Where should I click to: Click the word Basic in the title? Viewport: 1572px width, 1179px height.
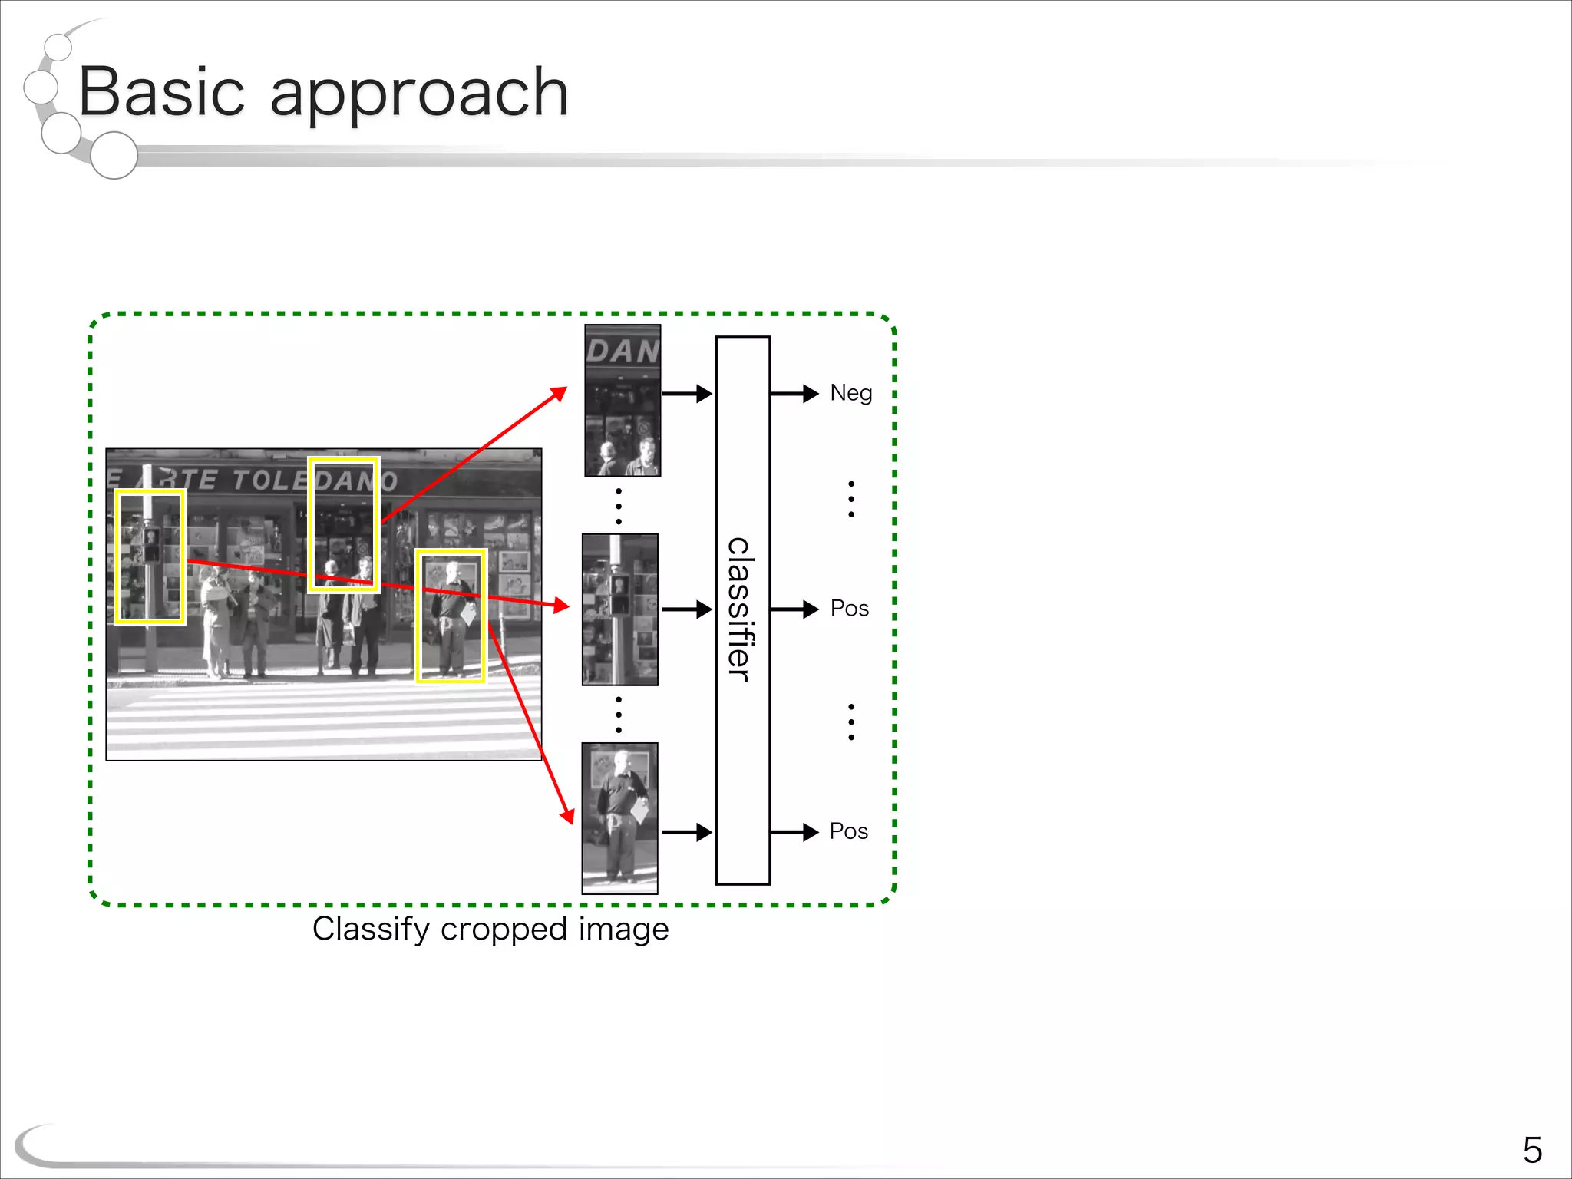(161, 92)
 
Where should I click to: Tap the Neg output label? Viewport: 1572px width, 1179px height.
(850, 393)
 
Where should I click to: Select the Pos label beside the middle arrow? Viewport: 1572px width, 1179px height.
(849, 609)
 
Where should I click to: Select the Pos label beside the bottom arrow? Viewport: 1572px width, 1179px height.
(848, 831)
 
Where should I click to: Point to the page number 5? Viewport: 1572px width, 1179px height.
(1531, 1150)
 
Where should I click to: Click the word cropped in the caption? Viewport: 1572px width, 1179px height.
(505, 930)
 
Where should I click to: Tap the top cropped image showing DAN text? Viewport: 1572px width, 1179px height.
(623, 400)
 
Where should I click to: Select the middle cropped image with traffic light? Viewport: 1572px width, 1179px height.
(620, 609)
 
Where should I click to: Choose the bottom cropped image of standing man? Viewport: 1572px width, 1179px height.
(619, 818)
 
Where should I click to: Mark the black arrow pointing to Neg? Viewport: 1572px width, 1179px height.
(794, 394)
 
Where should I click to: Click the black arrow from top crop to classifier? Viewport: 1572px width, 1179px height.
(687, 394)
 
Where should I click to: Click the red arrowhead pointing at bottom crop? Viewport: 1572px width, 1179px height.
(567, 815)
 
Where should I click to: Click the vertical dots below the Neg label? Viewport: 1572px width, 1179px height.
(850, 499)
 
